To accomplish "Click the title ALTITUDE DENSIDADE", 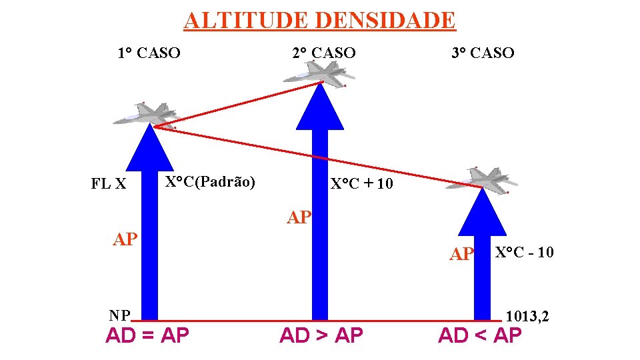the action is click(x=319, y=20).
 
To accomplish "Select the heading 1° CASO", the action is click(x=149, y=53).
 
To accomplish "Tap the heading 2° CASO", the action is click(x=324, y=53).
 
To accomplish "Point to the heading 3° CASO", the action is click(x=483, y=53).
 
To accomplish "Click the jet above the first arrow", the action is click(x=145, y=115).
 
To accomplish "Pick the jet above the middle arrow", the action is click(x=319, y=73).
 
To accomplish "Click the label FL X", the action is click(x=109, y=183).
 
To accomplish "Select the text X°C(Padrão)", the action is click(x=210, y=181).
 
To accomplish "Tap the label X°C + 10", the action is click(x=362, y=183).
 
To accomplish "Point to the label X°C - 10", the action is click(x=524, y=252).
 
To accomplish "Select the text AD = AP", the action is click(x=147, y=335).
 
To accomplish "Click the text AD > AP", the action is click(x=321, y=335).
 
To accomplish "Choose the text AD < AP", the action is click(x=479, y=335).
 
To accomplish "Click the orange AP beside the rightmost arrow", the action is click(x=461, y=254).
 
